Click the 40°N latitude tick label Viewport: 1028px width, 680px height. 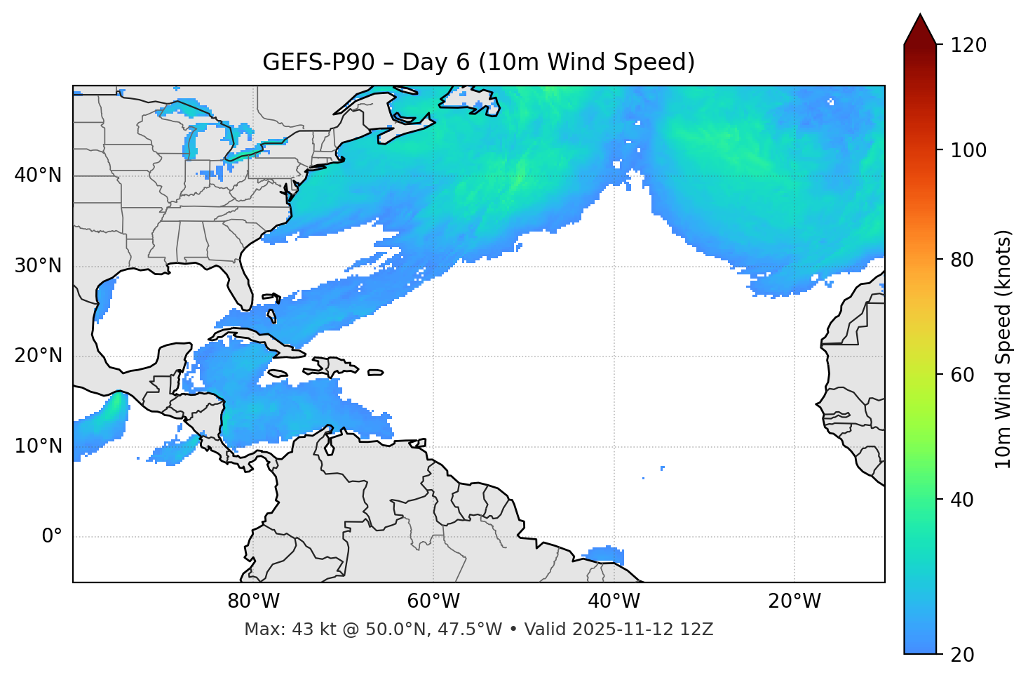point(38,175)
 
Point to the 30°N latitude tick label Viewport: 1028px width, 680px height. point(38,266)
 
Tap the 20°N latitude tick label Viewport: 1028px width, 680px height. point(38,356)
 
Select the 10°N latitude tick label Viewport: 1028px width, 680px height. point(38,446)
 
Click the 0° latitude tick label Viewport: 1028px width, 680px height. point(51,536)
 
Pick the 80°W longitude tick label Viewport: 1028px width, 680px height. point(253,601)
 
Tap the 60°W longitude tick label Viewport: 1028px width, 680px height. point(433,601)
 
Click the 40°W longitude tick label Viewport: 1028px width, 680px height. point(614,601)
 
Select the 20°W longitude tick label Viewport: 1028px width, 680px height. point(794,601)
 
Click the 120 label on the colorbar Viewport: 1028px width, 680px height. point(968,46)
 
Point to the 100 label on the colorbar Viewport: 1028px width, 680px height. point(968,150)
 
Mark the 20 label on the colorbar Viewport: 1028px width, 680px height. point(963,655)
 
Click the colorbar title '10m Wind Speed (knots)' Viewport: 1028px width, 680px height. point(1003,349)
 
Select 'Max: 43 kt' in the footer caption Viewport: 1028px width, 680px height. point(280,629)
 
